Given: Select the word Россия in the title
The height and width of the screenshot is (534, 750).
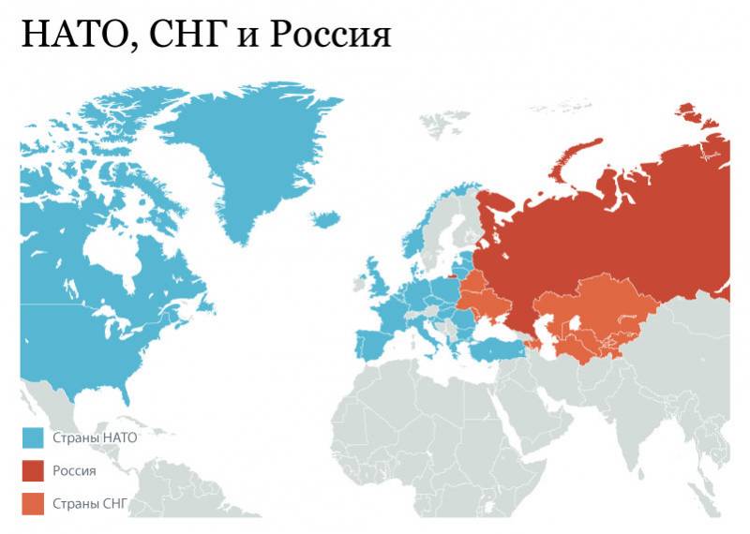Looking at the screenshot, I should click(328, 35).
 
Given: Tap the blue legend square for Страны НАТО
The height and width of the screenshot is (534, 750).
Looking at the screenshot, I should click(33, 438).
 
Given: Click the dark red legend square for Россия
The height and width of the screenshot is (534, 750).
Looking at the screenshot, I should click(33, 471).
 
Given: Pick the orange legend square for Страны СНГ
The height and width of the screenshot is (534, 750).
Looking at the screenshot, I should click(33, 506).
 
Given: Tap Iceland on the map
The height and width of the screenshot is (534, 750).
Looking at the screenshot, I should click(324, 218).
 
